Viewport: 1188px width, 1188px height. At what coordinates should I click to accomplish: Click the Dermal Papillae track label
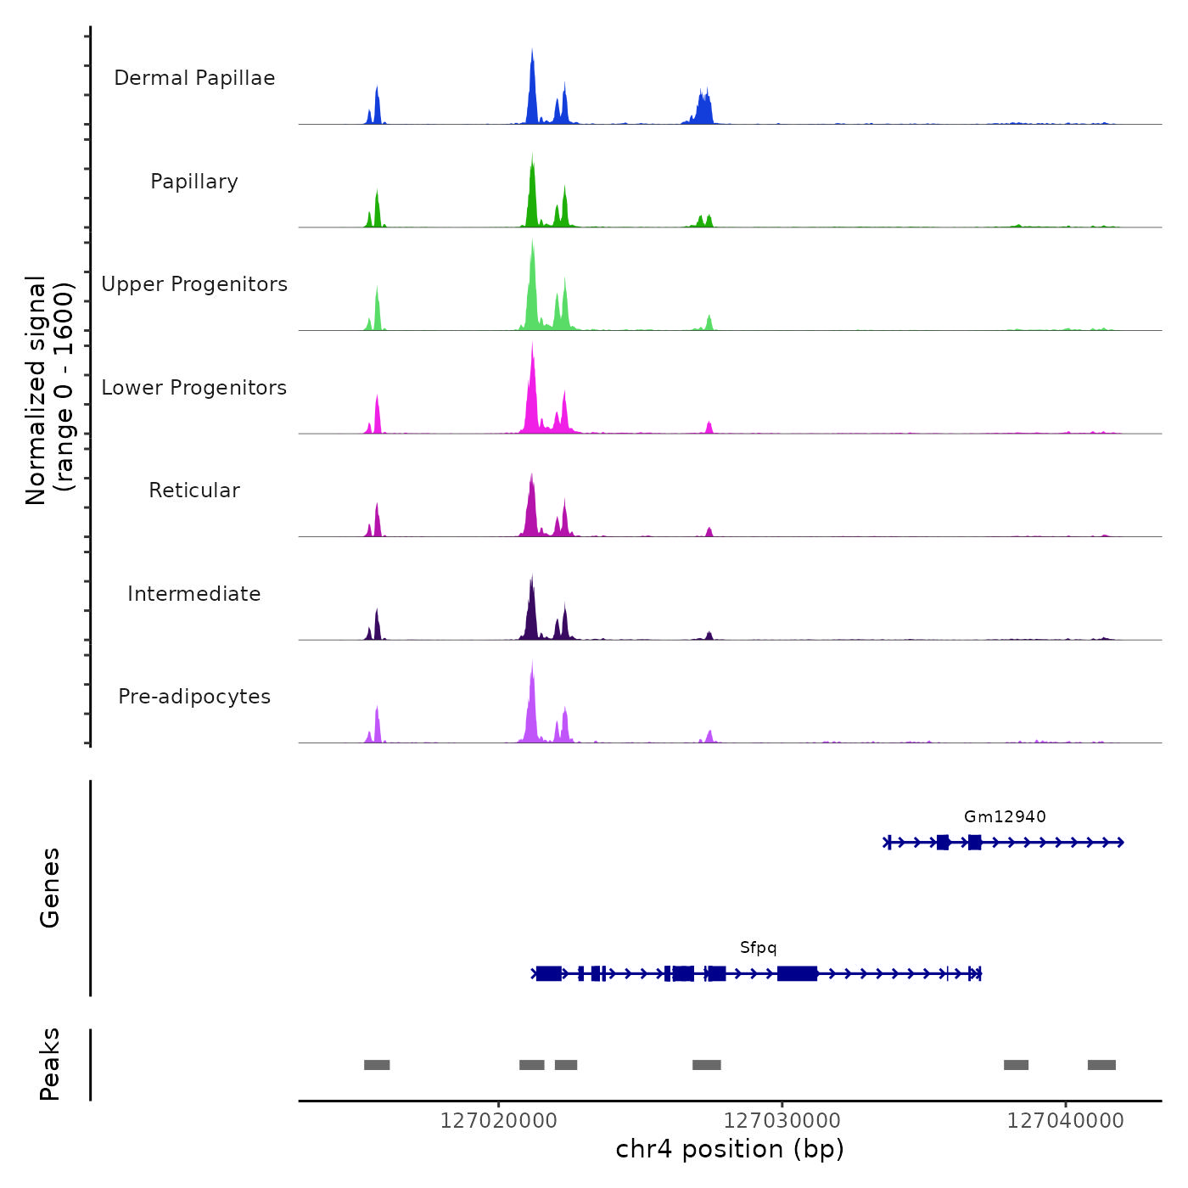tap(194, 78)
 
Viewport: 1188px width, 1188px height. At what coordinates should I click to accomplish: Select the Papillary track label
tap(194, 182)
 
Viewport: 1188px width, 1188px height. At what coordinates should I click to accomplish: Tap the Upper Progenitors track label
tap(194, 284)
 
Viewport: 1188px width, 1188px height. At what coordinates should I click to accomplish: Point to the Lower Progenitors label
tap(194, 388)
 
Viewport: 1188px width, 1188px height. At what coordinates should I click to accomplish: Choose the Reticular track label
tap(194, 490)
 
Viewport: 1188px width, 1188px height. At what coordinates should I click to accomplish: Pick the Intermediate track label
tap(194, 594)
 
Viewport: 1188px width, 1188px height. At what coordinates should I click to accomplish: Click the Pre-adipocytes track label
tap(194, 697)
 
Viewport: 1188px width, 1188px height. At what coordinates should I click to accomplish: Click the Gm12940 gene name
tap(1005, 817)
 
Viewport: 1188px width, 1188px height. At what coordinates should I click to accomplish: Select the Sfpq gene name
tap(758, 948)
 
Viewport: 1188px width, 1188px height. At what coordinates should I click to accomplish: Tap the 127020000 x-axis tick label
tap(499, 1121)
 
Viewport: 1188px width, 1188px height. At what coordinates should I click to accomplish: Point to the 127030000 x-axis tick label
tap(782, 1121)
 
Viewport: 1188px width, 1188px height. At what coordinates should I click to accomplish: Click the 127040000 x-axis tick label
tap(1065, 1121)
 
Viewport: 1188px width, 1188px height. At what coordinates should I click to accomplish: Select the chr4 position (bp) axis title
tap(730, 1149)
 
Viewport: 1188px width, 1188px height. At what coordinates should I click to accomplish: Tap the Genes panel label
tap(50, 888)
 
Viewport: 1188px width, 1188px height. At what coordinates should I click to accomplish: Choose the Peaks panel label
tap(50, 1064)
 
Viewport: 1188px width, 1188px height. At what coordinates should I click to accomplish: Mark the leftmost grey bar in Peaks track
tap(377, 1065)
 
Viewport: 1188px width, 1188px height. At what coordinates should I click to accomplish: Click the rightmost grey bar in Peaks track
tap(1101, 1065)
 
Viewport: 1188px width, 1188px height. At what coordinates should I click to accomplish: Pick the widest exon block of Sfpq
tap(798, 973)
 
